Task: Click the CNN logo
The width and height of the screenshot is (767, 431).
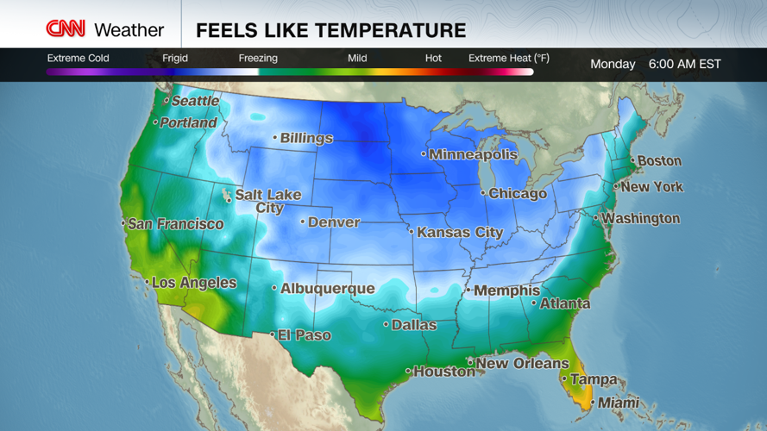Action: point(66,29)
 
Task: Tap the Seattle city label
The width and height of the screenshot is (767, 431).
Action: point(195,101)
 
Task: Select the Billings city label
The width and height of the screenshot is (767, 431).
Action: point(306,138)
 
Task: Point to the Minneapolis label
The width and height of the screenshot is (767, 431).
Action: point(473,155)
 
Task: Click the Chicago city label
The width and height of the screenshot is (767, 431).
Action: point(518,194)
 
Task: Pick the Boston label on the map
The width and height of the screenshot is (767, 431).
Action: point(660,161)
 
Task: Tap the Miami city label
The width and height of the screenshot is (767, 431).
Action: point(619,403)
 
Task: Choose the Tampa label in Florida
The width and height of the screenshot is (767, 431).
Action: point(594,379)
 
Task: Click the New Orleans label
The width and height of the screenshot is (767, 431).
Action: point(522,364)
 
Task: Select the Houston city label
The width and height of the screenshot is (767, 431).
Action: point(444,372)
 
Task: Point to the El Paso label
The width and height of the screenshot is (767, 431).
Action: point(304,335)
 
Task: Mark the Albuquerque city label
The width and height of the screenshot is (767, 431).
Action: point(328,289)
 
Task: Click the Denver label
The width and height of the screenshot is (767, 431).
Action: point(334,222)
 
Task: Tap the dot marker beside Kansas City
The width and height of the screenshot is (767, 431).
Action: point(411,231)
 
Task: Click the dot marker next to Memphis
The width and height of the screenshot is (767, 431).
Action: point(468,290)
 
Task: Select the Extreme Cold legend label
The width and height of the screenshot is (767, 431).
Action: point(78,59)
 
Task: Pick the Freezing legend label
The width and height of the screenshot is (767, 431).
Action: point(258,59)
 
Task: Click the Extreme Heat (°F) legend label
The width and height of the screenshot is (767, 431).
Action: point(509,59)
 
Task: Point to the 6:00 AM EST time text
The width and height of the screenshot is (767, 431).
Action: point(684,65)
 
